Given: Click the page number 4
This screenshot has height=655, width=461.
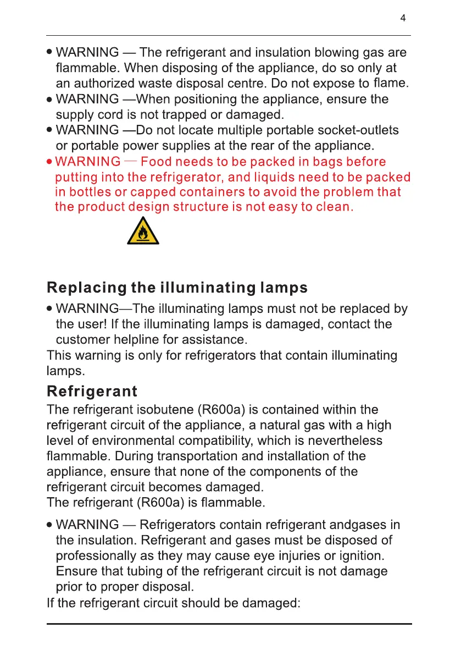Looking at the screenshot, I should (x=403, y=18).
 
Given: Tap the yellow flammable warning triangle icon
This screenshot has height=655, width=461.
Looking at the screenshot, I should (x=143, y=232).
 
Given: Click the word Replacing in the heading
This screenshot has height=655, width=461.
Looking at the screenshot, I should (x=87, y=288).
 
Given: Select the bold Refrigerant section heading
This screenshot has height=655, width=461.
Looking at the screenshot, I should (x=92, y=392).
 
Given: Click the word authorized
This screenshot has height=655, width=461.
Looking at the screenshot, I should (x=104, y=84).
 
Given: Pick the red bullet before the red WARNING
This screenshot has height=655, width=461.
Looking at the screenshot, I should (x=50, y=162).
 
